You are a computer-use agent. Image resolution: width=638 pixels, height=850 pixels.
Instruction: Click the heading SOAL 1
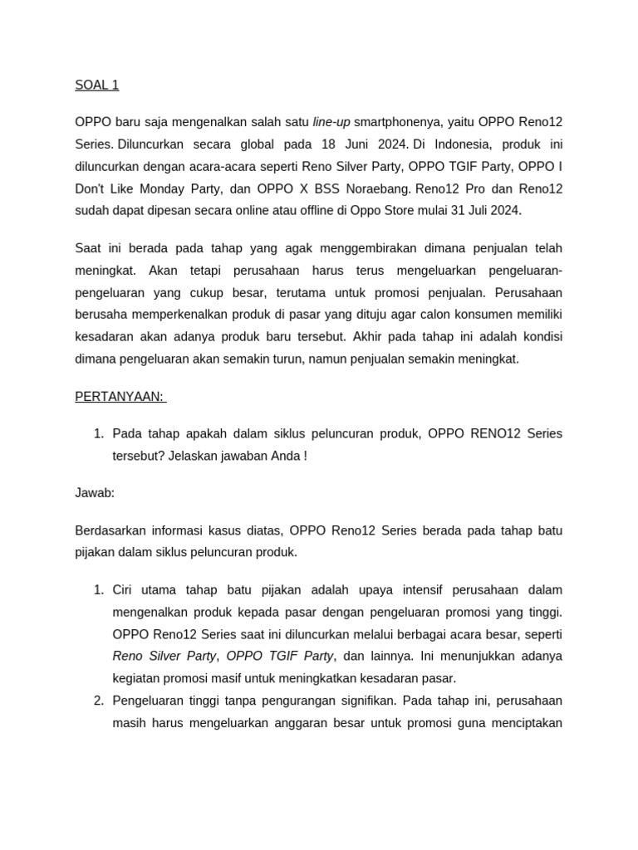97,85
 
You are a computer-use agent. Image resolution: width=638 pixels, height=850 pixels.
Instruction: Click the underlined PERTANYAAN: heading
120,397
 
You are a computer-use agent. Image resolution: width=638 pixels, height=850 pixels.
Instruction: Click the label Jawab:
95,493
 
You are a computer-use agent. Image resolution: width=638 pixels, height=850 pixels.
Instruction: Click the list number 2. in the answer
98,701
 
